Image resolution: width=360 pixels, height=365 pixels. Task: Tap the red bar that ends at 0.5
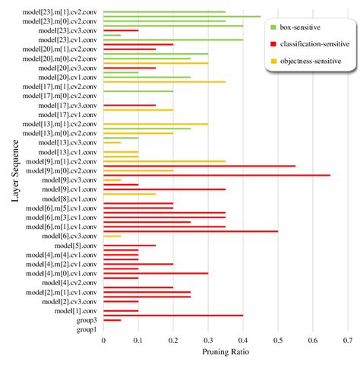point(190,230)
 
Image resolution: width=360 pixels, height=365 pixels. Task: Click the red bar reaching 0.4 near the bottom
point(173,315)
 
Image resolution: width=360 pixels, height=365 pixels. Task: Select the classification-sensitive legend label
point(314,45)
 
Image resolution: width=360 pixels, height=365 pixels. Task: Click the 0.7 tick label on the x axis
point(347,341)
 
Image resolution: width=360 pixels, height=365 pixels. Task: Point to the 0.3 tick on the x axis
point(208,341)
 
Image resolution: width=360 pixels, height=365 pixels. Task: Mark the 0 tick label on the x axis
point(103,341)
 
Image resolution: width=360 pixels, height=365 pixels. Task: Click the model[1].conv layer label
point(75,310)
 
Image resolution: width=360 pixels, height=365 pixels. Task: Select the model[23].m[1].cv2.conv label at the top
point(61,12)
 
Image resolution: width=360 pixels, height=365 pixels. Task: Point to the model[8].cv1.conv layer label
point(69,198)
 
